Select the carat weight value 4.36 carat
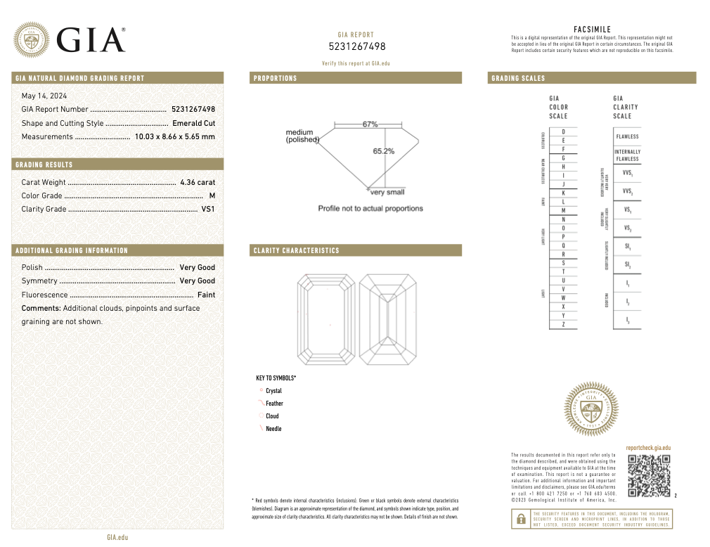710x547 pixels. tap(198, 182)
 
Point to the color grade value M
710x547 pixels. tap(212, 195)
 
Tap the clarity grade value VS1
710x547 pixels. tap(208, 209)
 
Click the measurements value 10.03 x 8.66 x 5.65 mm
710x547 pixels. tap(174, 136)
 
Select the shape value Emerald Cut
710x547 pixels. tap(193, 123)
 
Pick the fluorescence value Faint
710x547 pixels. tap(206, 295)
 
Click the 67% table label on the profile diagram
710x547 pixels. tap(370, 124)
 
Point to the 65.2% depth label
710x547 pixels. tap(383, 151)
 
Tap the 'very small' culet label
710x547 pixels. tap(387, 192)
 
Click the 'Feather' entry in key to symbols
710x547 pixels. tap(274, 404)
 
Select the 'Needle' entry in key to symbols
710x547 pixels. tap(273, 429)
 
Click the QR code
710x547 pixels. tap(648, 476)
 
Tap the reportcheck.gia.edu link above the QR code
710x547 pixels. tap(648, 448)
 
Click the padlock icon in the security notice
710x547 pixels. tap(521, 519)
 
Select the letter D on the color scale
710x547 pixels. tap(563, 132)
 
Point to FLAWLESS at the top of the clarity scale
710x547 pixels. tap(627, 136)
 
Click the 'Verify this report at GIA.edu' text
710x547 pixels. tap(356, 63)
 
